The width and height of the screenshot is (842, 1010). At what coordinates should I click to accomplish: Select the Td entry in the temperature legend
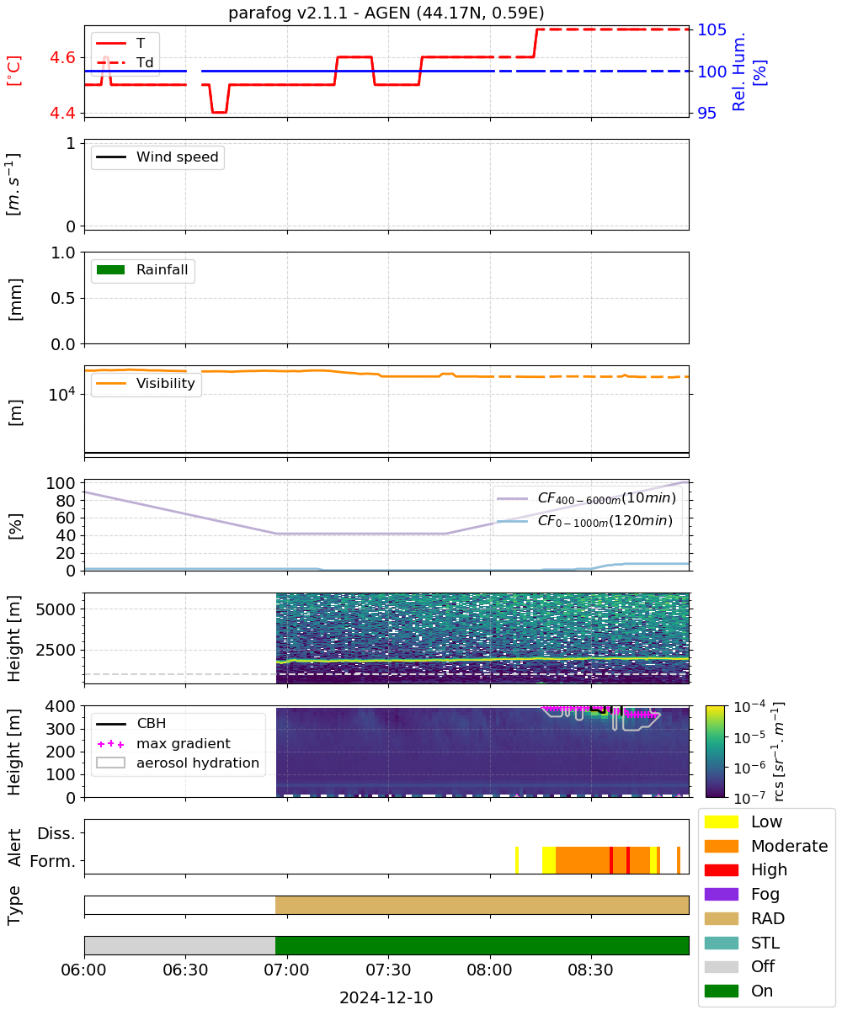point(125,62)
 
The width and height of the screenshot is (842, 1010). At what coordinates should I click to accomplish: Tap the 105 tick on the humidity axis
point(711,30)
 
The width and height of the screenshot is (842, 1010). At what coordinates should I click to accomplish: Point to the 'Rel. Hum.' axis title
point(738,72)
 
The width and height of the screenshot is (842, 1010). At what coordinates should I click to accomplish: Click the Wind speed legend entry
point(157,157)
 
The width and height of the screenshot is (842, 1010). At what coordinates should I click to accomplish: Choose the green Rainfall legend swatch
point(110,269)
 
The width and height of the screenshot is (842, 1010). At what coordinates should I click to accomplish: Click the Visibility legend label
point(166,383)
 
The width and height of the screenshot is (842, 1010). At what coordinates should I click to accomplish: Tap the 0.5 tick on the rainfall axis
point(63,298)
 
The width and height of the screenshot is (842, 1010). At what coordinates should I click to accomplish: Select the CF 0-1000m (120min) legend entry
point(584,521)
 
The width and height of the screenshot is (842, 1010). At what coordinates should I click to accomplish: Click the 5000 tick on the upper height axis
point(56,609)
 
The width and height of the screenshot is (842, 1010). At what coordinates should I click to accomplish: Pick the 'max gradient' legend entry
point(163,743)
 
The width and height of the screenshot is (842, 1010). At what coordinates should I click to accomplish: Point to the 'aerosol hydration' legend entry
point(178,763)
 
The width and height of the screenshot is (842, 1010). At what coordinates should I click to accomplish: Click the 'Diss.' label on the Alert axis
point(56,833)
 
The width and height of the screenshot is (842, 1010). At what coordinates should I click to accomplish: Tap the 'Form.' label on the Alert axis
point(53,861)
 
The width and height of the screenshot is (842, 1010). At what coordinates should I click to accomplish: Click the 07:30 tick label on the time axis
point(388,970)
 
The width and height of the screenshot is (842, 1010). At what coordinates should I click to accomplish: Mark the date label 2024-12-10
point(386,997)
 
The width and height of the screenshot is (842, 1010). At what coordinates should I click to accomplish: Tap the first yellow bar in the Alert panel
point(517,860)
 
